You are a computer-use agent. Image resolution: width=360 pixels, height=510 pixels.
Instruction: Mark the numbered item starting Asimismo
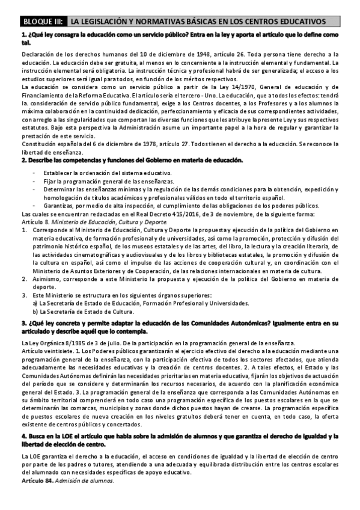tap(180, 280)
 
